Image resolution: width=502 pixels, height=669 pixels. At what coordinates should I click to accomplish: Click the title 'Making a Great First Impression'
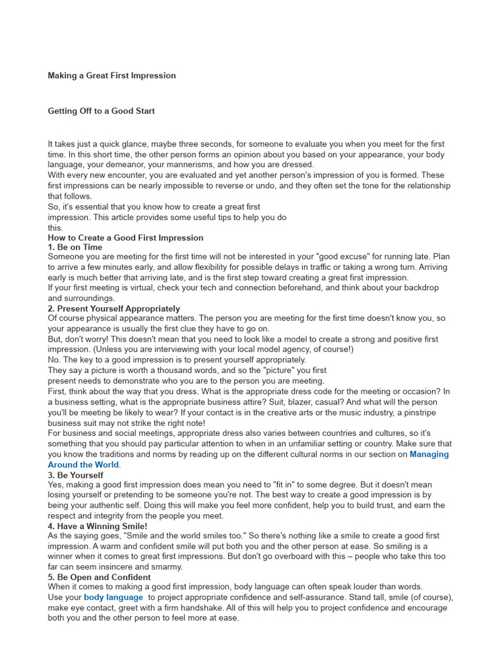click(x=112, y=76)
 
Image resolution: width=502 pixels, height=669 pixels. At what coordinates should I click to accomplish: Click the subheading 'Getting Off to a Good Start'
click(x=101, y=111)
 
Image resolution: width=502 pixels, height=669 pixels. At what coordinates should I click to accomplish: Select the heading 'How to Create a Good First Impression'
click(x=125, y=238)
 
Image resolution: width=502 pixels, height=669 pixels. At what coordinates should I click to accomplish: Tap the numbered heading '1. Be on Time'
click(x=75, y=248)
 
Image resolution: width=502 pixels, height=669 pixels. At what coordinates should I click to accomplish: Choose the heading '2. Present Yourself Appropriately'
click(x=114, y=308)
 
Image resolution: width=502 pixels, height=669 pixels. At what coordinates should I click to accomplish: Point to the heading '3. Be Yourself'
click(x=75, y=475)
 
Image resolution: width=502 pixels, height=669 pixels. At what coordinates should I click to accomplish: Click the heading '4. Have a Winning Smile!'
click(x=97, y=526)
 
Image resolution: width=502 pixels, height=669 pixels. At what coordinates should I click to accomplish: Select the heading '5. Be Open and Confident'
click(x=99, y=578)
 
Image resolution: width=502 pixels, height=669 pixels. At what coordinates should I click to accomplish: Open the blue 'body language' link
click(x=113, y=597)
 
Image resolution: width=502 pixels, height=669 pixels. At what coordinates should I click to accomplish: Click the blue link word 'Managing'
click(x=429, y=454)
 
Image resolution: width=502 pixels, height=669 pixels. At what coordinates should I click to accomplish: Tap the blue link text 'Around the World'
click(x=84, y=465)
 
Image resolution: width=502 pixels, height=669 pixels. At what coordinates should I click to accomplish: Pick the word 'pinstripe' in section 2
click(x=417, y=413)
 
